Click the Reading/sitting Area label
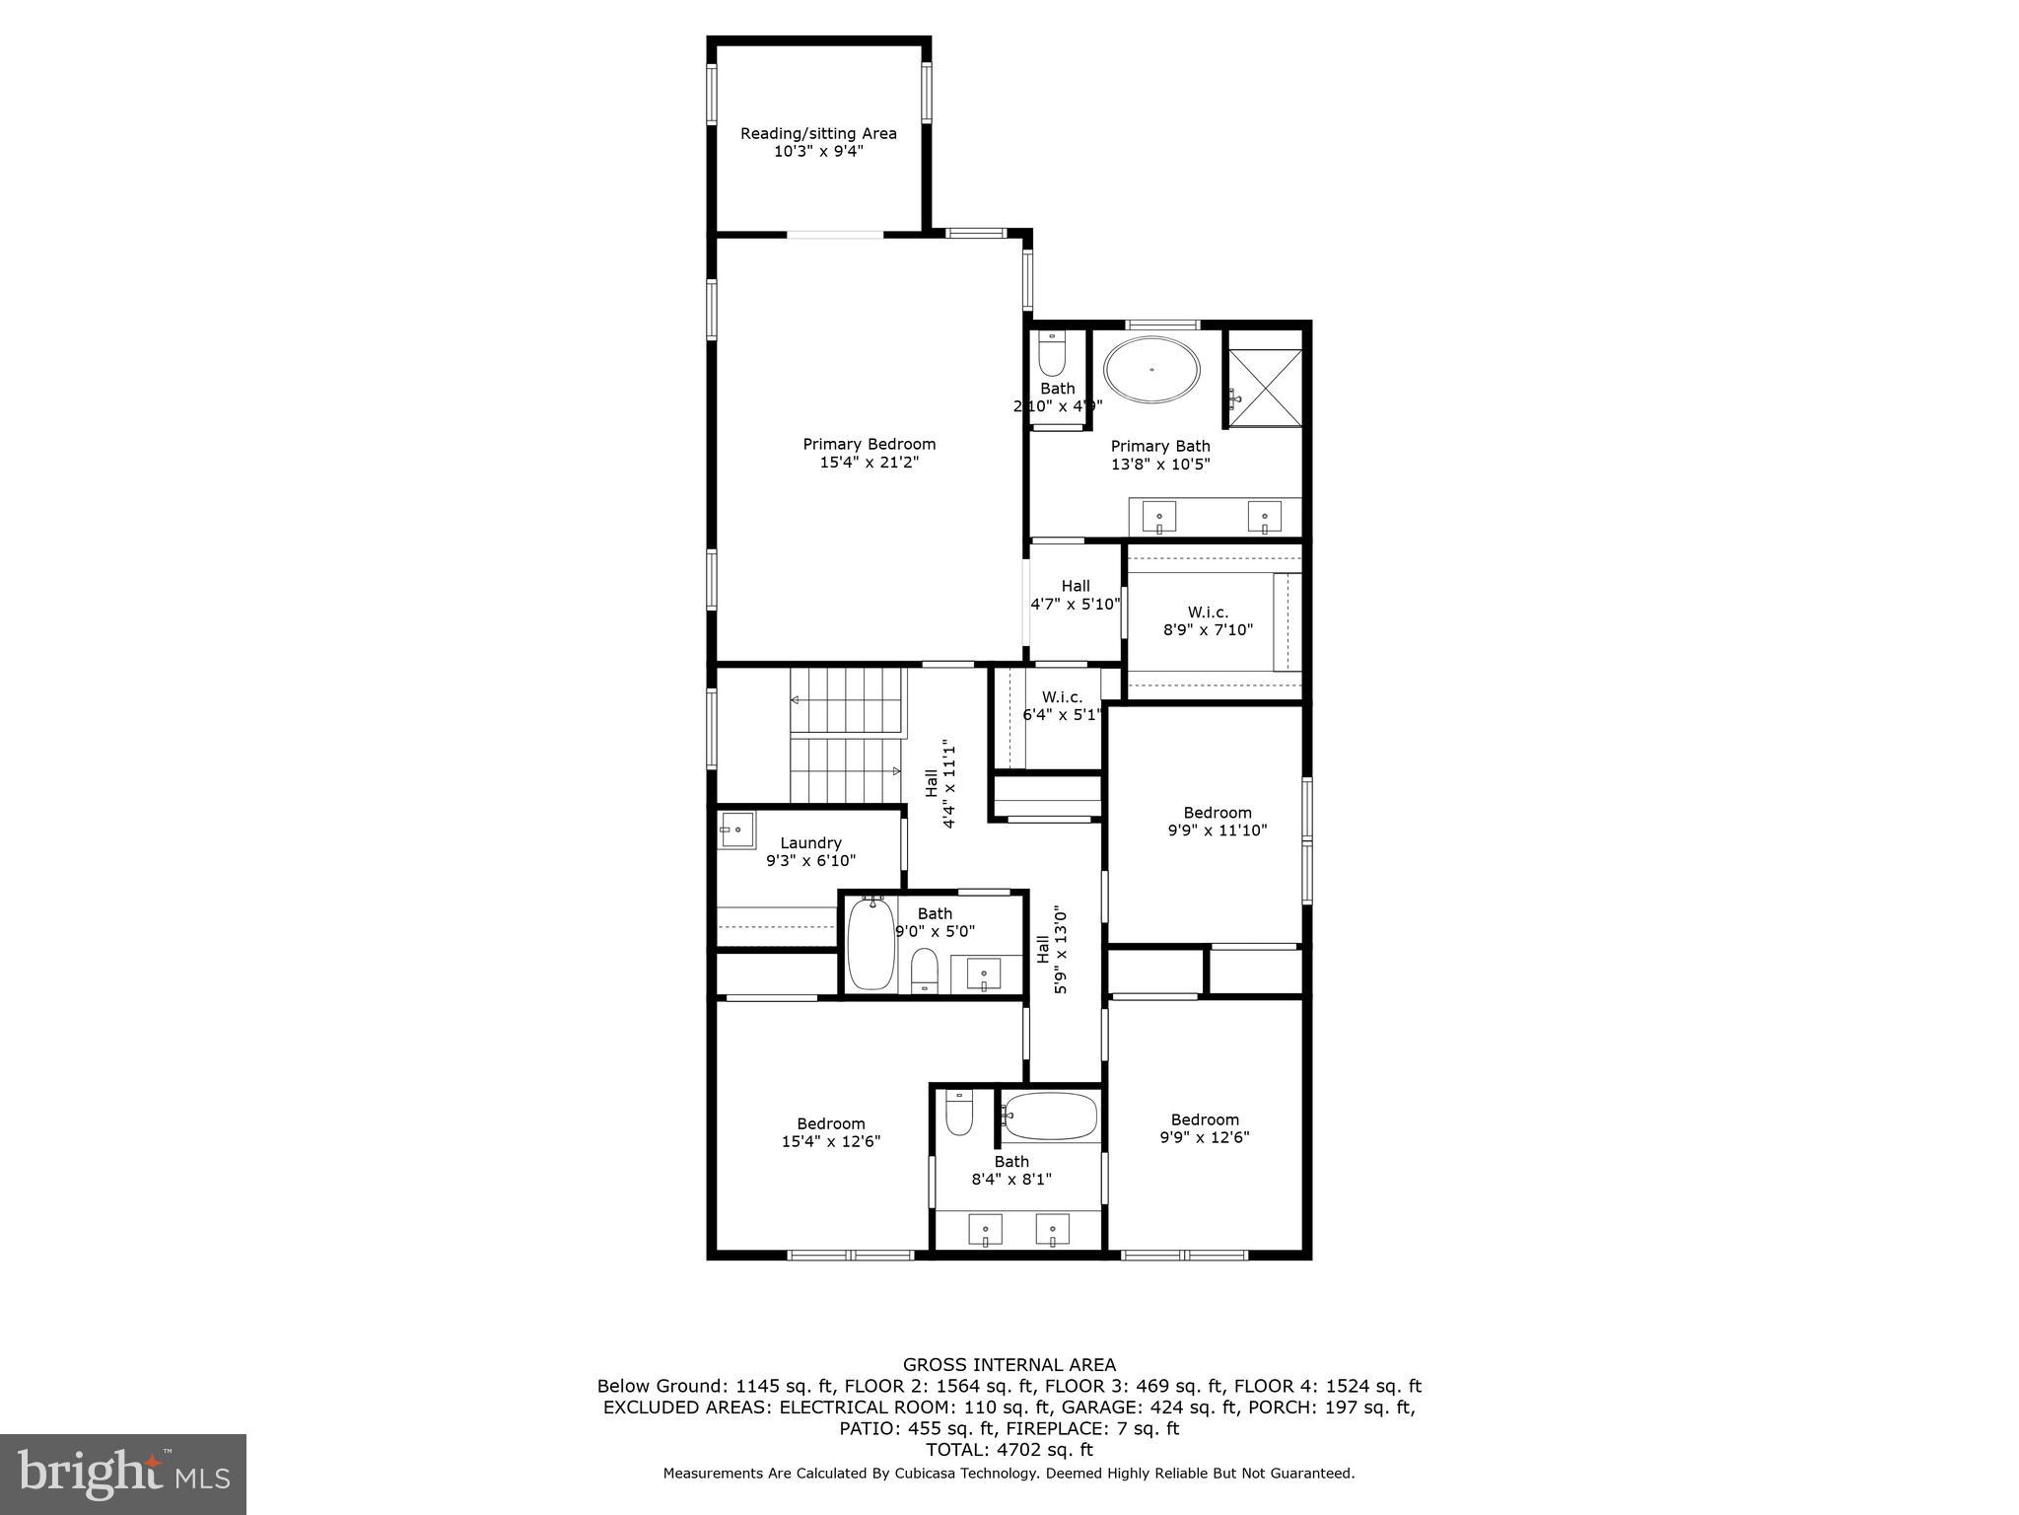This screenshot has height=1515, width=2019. pos(818,133)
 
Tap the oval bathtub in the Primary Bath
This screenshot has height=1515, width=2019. pos(1151,371)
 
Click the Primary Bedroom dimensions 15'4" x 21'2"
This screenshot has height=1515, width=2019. pos(869,462)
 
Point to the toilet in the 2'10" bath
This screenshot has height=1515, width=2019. pos(1052,356)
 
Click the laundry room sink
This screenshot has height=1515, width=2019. pos(736,830)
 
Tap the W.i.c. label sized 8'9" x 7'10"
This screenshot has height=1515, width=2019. pos(1208,620)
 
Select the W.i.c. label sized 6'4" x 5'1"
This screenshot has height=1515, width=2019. pos(1061,705)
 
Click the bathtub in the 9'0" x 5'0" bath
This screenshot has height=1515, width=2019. pos(870,943)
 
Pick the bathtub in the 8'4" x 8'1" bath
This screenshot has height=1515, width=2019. pos(1051,1116)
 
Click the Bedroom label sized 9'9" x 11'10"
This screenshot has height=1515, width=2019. pos(1218,821)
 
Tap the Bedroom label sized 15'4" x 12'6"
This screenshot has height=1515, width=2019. pos(830,1132)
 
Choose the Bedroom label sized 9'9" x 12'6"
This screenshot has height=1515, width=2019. pos(1205,1128)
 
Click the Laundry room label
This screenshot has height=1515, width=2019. pos(810,843)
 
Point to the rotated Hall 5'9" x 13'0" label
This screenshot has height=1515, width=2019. pos(1051,950)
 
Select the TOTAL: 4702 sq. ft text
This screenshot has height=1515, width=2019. pos(1009,1449)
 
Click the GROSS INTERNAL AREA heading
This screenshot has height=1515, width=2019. pos(1009,1365)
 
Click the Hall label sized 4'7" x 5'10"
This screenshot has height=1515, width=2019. pos(1076,595)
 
